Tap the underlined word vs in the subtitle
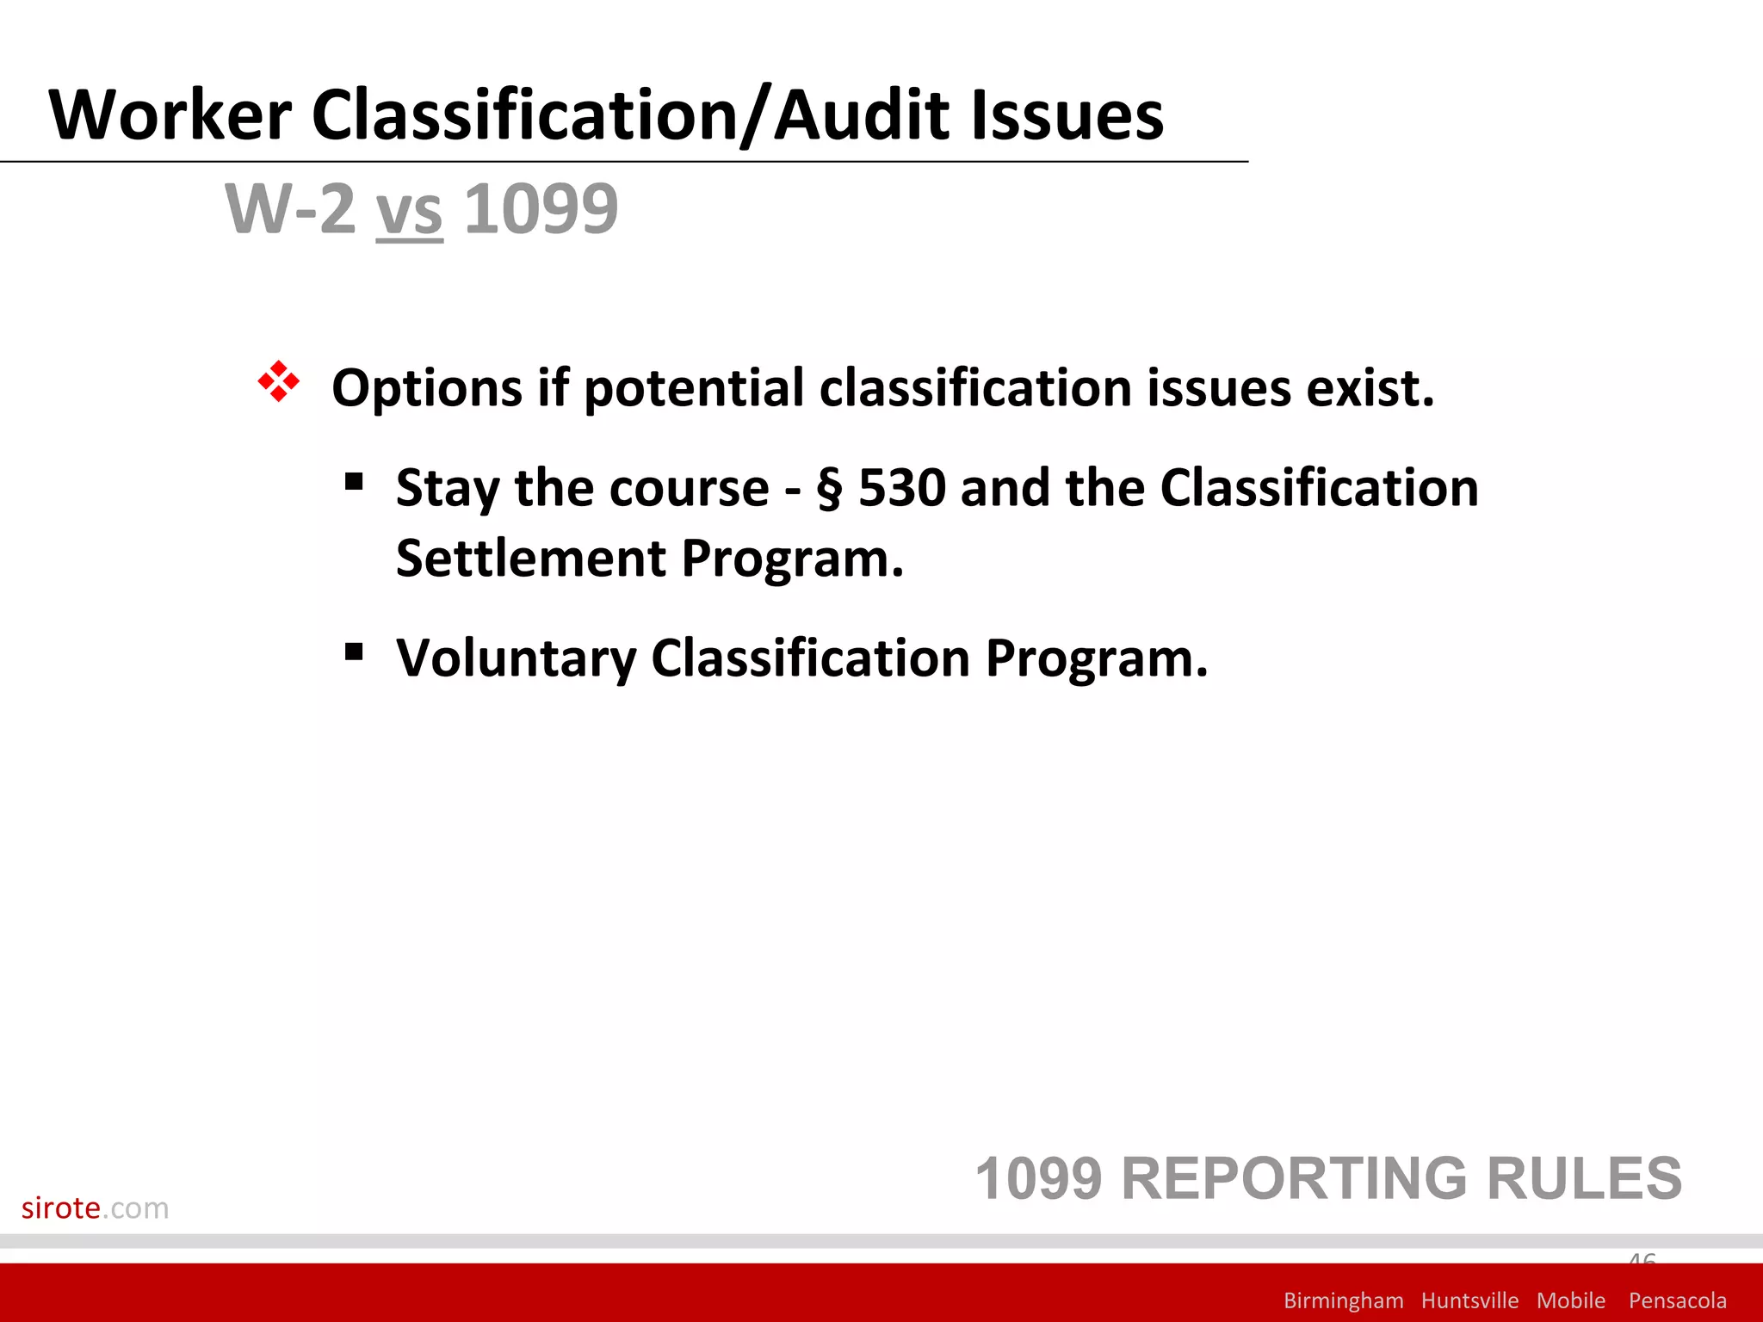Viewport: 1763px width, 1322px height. coord(410,210)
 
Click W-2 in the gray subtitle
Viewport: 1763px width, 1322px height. coord(289,208)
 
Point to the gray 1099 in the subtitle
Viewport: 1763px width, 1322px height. coord(541,208)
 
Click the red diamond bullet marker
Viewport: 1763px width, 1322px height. coord(279,381)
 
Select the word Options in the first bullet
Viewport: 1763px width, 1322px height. coord(427,389)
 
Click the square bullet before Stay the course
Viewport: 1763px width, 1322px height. coord(353,481)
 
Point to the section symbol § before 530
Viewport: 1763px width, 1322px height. coord(829,490)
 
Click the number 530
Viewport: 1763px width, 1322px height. coord(903,488)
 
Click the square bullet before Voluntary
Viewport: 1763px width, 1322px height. coord(353,652)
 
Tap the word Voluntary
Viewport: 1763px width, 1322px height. coord(516,659)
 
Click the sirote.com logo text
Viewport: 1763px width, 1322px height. coord(95,1208)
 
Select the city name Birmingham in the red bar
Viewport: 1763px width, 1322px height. coord(1343,1300)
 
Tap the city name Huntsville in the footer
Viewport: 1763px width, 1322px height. coord(1469,1300)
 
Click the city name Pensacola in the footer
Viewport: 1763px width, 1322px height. coord(1677,1300)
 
